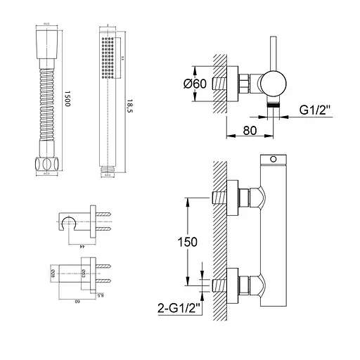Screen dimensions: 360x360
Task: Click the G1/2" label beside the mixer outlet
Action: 318,110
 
